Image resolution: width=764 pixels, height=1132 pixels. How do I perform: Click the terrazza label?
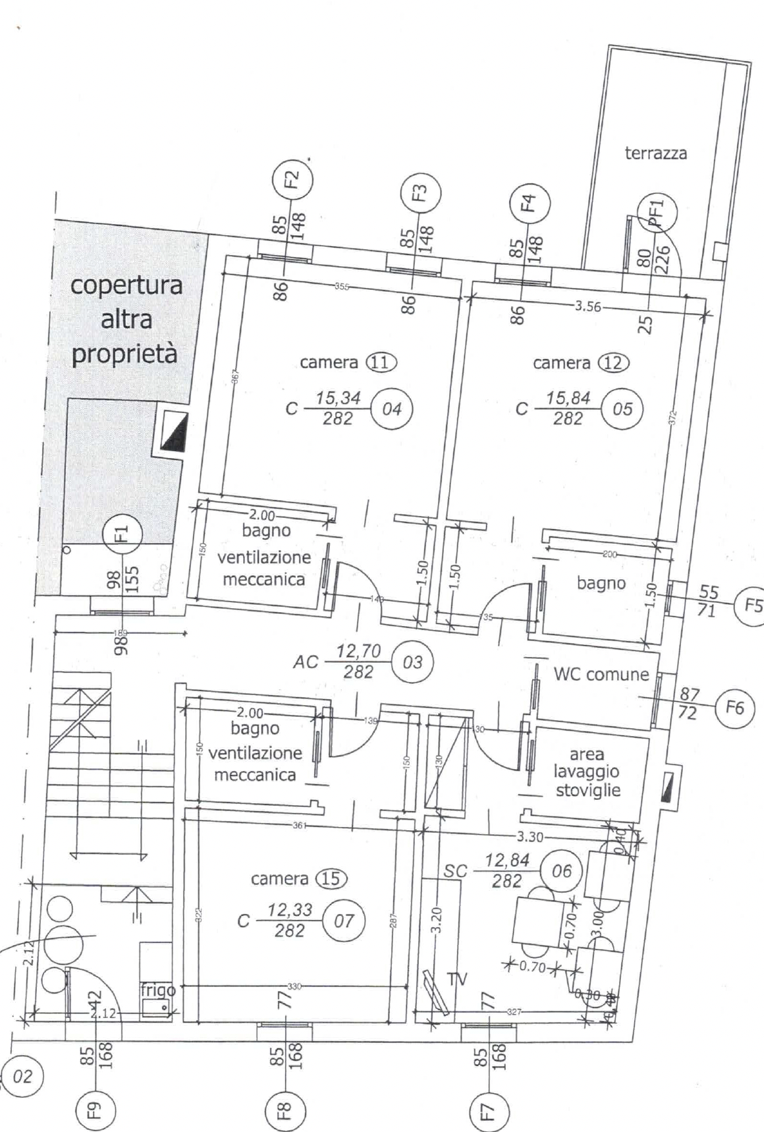655,154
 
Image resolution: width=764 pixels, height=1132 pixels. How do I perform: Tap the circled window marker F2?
292,179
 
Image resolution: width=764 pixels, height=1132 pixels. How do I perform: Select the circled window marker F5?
751,604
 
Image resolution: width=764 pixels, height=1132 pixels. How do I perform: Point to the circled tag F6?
734,707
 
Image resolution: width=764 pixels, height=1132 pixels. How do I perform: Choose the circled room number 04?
391,409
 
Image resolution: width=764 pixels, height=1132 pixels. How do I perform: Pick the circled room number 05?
622,409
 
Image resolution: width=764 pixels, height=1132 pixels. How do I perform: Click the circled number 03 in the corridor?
412,662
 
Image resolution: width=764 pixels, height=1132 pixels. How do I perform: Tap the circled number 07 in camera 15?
344,920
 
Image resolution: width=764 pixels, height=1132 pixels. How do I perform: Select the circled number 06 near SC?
561,871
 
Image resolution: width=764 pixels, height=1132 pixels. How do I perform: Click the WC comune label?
601,674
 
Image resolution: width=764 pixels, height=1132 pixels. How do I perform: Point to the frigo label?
158,990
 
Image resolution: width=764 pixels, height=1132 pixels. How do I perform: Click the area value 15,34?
337,398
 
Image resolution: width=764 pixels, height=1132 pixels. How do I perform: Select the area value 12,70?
358,652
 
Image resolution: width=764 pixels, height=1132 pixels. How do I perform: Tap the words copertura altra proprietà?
125,320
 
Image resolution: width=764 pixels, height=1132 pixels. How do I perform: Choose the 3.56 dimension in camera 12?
587,306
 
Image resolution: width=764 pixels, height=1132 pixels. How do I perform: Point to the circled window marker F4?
529,202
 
